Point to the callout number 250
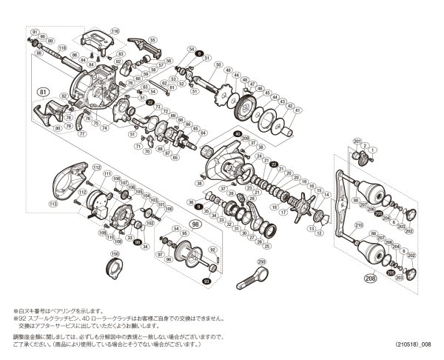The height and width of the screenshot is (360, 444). (262, 261)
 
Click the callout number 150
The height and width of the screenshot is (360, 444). (114, 254)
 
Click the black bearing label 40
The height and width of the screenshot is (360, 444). (238, 134)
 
